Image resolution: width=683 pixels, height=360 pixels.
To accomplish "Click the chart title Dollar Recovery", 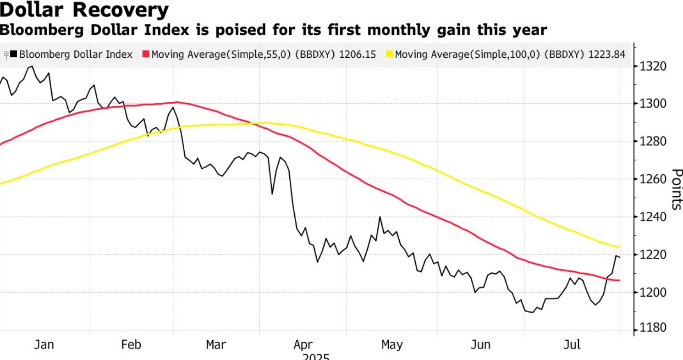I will (84, 10).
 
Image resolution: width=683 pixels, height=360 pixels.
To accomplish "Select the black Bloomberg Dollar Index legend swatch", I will (14, 55).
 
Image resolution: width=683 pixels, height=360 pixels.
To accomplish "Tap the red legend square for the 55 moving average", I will (146, 55).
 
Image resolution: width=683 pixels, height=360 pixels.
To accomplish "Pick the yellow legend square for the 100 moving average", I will (390, 55).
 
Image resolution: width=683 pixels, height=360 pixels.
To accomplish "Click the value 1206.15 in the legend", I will (358, 55).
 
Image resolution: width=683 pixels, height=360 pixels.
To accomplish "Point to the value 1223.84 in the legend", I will (607, 55).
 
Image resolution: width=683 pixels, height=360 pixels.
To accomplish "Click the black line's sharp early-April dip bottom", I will (272, 194).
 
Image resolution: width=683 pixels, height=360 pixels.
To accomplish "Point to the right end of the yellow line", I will (620, 247).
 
